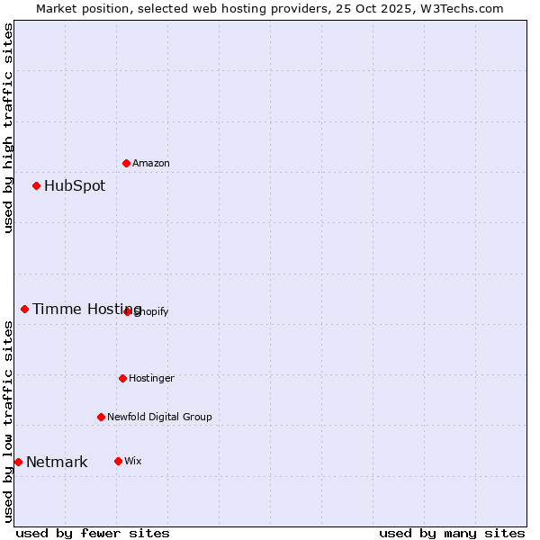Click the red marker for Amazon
coord(126,163)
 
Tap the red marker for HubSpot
coord(36,186)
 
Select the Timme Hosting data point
coord(24,310)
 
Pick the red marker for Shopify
coord(127,311)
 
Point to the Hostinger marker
coord(122,378)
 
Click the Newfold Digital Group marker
coord(101,417)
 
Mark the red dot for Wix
coord(118,461)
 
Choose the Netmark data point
coord(18,463)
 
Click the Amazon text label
coord(151,163)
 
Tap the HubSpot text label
coord(75,186)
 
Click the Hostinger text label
coord(151,378)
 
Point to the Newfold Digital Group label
coord(159,417)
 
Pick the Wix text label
coord(133,461)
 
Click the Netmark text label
coord(57,463)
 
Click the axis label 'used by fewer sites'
coord(93,533)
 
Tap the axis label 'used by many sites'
coord(452,533)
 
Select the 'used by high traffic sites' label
coord(8,128)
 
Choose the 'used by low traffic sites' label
coord(8,421)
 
